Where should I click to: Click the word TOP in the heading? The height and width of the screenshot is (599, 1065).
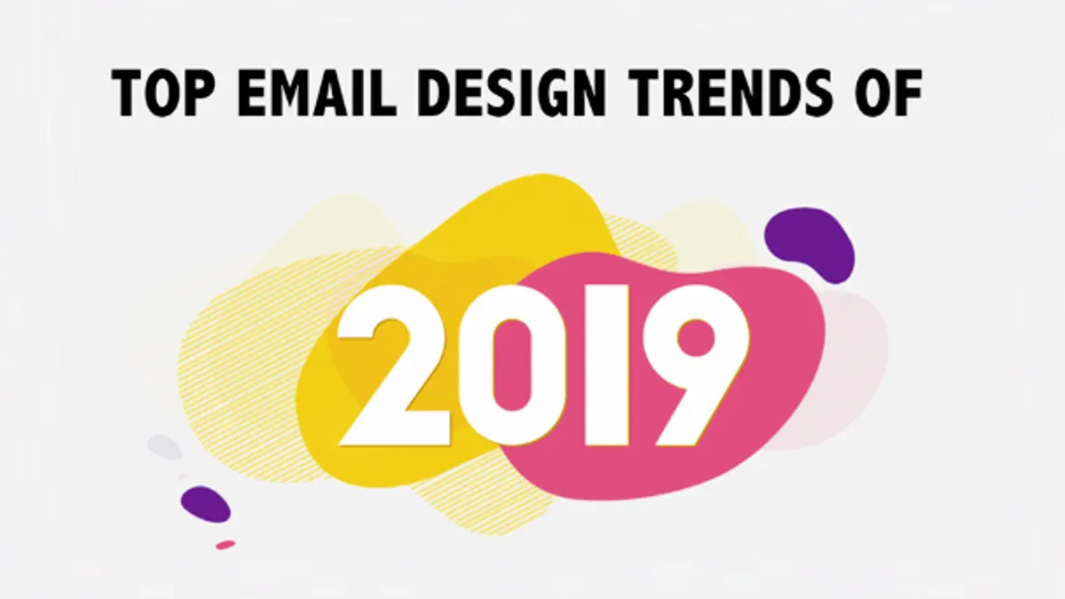point(163,92)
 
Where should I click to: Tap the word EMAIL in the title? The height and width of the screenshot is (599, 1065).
point(317,92)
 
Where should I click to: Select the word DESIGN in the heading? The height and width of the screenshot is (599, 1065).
point(511,92)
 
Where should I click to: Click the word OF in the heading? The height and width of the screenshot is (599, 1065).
point(888,92)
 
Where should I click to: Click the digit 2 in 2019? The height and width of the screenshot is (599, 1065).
point(394,366)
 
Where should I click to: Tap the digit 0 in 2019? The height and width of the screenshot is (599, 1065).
point(511,366)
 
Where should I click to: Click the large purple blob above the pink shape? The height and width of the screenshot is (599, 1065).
point(810,242)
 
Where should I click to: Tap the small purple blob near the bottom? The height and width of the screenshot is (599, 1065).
point(205,504)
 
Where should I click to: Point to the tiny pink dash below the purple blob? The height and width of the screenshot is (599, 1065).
point(225,545)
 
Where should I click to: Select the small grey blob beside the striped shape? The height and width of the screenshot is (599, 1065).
point(164,447)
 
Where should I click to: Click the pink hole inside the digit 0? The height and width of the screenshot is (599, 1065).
point(511,365)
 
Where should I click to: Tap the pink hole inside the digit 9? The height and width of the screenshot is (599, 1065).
point(697,337)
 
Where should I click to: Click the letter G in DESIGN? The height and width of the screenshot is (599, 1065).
point(548,92)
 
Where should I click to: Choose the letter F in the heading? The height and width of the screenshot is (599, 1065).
point(907,92)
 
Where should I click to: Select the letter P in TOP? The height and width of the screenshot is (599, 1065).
point(198,92)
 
